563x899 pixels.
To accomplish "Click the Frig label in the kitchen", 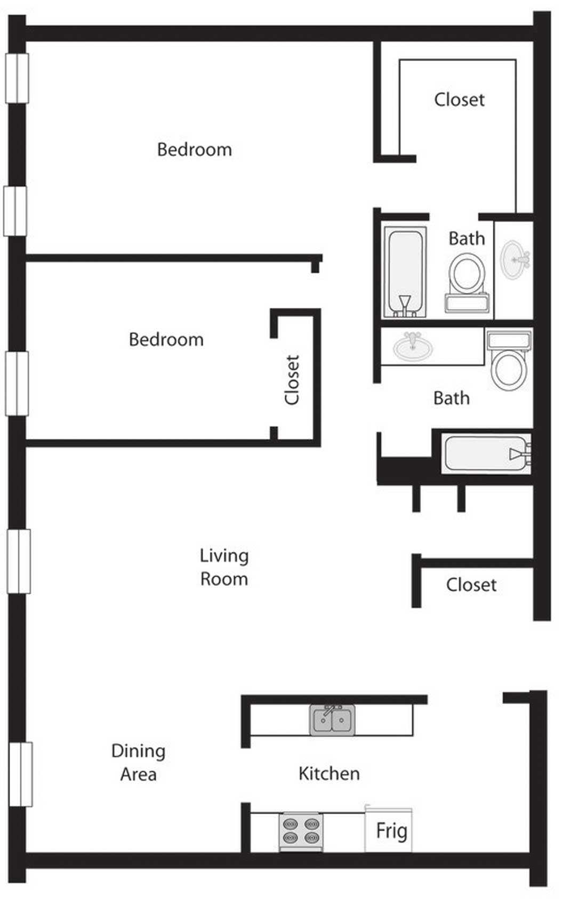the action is tap(391, 831).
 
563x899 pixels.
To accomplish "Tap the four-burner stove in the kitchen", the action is tap(301, 831).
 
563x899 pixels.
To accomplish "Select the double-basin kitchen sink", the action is tap(332, 720).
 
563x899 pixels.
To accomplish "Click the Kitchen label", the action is tap(329, 773).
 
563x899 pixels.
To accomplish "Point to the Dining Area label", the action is tap(138, 762).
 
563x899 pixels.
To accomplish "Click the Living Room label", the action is tap(224, 567).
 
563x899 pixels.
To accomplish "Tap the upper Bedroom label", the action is tap(195, 149).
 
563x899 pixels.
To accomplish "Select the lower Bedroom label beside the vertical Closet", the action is tap(166, 340).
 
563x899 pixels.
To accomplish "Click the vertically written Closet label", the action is tap(292, 380).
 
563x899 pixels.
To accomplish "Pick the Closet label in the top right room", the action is tap(460, 100).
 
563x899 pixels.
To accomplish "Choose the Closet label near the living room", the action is tap(471, 585).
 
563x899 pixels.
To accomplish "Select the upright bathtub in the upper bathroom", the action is tap(405, 272).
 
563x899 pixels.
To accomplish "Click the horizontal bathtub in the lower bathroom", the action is tap(486, 454).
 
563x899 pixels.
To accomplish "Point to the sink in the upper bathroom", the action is tap(514, 260).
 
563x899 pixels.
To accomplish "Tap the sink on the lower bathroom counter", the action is tap(413, 346).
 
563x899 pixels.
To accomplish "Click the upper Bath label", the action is tap(467, 239).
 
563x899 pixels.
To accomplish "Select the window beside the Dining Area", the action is tap(20, 774).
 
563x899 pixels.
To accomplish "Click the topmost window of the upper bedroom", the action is tap(17, 78).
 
